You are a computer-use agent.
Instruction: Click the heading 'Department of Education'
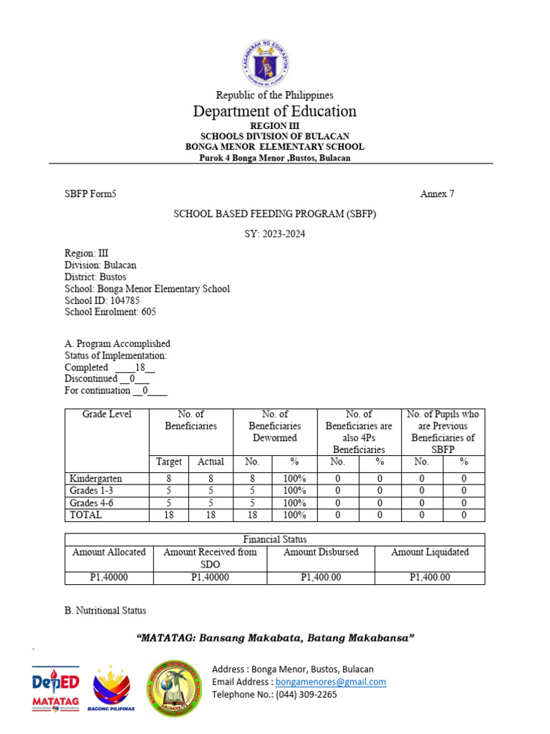pos(275,111)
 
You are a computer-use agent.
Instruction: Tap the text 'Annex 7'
pos(437,194)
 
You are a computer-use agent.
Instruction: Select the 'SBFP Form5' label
pos(90,194)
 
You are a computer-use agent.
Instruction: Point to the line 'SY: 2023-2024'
pos(275,234)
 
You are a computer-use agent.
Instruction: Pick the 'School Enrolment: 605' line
pos(110,312)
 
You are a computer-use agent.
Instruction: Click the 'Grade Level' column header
pos(107,414)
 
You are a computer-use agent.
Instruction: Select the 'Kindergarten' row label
pos(95,478)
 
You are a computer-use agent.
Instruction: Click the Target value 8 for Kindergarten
pos(170,478)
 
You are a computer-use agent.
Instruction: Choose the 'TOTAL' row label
pos(85,515)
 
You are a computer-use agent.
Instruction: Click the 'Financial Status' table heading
pos(275,539)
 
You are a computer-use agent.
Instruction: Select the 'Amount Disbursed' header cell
pos(321,552)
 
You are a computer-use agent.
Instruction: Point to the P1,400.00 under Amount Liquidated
pos(430,577)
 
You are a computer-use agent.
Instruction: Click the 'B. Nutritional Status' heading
pos(105,611)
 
